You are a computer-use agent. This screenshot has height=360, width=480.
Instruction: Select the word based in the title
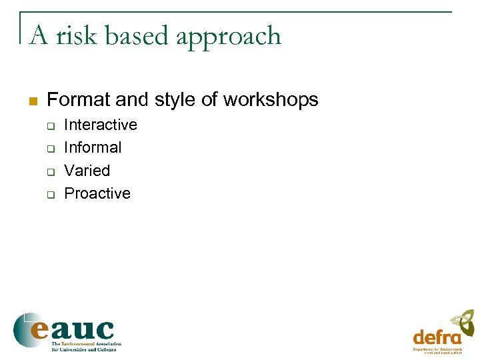pyautogui.click(x=137, y=35)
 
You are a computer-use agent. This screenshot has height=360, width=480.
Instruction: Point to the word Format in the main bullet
pyautogui.click(x=79, y=100)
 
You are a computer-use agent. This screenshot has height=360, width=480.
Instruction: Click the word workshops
pyautogui.click(x=271, y=101)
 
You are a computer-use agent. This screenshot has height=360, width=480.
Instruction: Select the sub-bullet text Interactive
pyautogui.click(x=100, y=125)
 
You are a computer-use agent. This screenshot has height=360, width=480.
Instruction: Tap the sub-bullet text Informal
pyautogui.click(x=92, y=147)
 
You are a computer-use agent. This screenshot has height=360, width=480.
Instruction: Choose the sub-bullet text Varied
pyautogui.click(x=87, y=171)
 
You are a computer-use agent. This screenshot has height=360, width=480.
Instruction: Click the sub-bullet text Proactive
pyautogui.click(x=97, y=193)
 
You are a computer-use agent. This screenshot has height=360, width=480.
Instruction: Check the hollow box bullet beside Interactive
pyautogui.click(x=49, y=125)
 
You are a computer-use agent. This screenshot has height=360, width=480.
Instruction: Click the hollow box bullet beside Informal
pyautogui.click(x=49, y=148)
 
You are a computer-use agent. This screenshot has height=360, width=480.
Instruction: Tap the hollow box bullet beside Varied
pyautogui.click(x=49, y=171)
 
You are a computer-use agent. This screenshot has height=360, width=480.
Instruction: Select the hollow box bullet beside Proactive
pyautogui.click(x=49, y=194)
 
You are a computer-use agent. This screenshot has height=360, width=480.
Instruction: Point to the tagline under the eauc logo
pyautogui.click(x=85, y=347)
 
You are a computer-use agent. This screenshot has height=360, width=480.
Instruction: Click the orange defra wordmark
pyautogui.click(x=437, y=337)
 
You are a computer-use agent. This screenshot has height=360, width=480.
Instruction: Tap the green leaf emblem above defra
pyautogui.click(x=462, y=321)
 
